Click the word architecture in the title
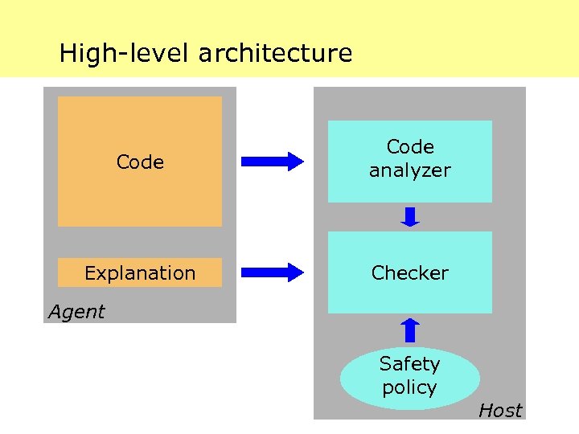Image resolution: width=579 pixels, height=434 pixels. (x=275, y=54)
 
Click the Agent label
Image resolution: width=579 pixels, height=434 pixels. (x=76, y=312)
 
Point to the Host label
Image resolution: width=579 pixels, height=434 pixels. (x=500, y=411)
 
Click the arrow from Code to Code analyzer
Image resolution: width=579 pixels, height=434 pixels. (x=273, y=162)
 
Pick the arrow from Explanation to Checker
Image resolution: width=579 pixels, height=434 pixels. (x=273, y=272)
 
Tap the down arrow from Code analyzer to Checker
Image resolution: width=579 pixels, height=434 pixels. (x=410, y=217)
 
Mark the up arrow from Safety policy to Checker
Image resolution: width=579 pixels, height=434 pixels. (x=410, y=330)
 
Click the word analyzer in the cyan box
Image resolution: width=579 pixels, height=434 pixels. (x=410, y=170)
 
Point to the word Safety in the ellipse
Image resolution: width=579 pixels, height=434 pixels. (x=410, y=364)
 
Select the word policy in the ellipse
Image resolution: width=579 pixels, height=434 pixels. (x=410, y=387)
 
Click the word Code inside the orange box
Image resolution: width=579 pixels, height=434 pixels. (x=140, y=162)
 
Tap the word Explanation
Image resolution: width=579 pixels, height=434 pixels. (x=140, y=273)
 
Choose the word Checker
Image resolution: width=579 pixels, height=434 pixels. (x=410, y=273)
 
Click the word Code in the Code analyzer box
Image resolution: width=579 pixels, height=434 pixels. (x=410, y=147)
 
